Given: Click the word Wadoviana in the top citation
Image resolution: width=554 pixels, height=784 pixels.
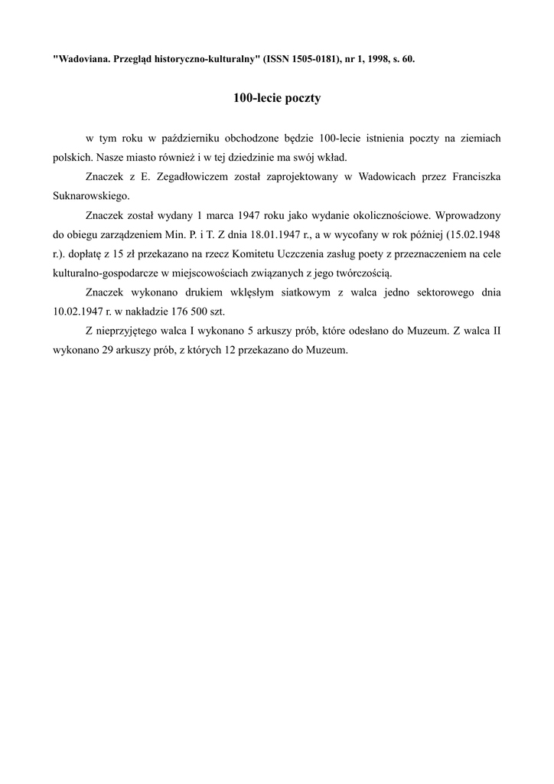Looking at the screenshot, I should click(x=81, y=58).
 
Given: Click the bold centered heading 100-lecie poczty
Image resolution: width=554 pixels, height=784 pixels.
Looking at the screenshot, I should click(x=277, y=98).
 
